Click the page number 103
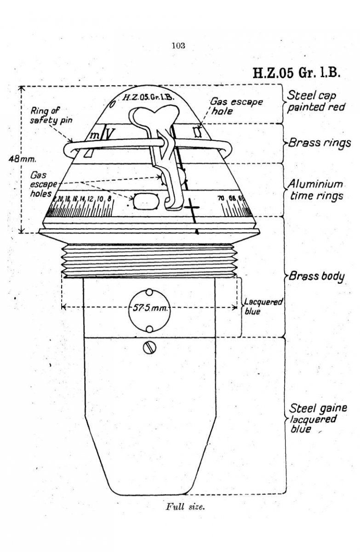pos(178,45)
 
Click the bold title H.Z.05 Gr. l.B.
pos(295,74)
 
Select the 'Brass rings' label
pos(319,143)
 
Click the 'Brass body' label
pos(317,277)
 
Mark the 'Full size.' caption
pos(183,508)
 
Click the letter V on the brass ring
pos(109,134)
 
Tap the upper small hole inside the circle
pos(149,292)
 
